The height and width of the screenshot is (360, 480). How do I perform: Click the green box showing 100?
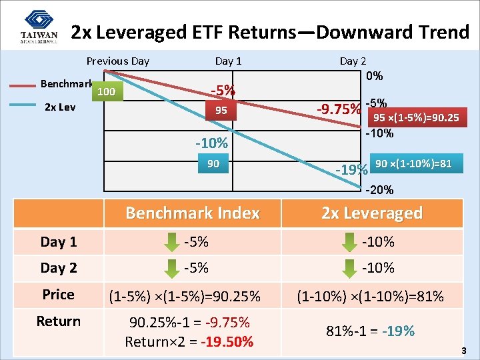tap(107, 91)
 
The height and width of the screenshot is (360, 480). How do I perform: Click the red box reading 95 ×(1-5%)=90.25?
tap(416, 118)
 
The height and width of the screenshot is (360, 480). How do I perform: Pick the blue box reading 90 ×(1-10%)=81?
tap(413, 163)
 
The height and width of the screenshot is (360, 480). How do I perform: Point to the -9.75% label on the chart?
tap(339, 109)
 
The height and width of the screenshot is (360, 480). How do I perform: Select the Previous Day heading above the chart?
tap(118, 61)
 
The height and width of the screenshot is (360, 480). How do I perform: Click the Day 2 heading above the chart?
tap(353, 61)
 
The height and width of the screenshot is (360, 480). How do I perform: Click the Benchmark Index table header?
tap(193, 213)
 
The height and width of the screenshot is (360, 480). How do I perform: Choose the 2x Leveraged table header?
tap(372, 213)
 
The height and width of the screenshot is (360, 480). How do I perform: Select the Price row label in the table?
tap(59, 295)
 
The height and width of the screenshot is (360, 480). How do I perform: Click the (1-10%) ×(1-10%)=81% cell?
tap(371, 295)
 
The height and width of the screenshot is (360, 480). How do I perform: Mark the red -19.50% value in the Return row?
tap(227, 342)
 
